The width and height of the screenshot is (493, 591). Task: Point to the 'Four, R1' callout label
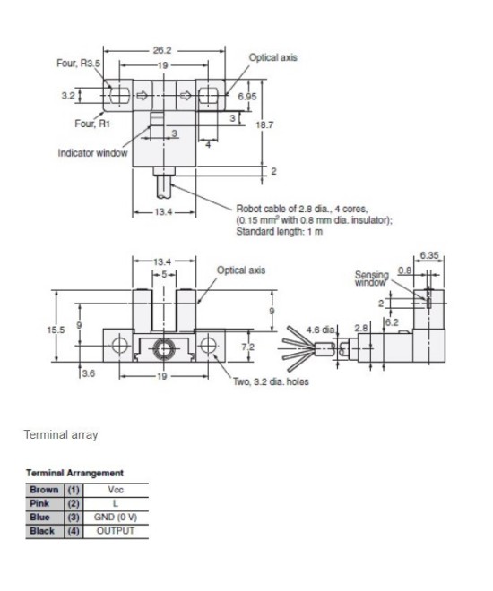(76, 124)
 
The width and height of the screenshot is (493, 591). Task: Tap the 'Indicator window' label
(92, 153)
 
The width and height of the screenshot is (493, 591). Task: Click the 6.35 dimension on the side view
(431, 255)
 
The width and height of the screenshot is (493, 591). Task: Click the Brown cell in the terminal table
(44, 490)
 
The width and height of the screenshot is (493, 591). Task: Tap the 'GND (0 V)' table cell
(115, 517)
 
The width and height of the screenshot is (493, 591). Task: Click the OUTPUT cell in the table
(115, 530)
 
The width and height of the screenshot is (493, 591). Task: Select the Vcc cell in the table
(115, 490)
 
